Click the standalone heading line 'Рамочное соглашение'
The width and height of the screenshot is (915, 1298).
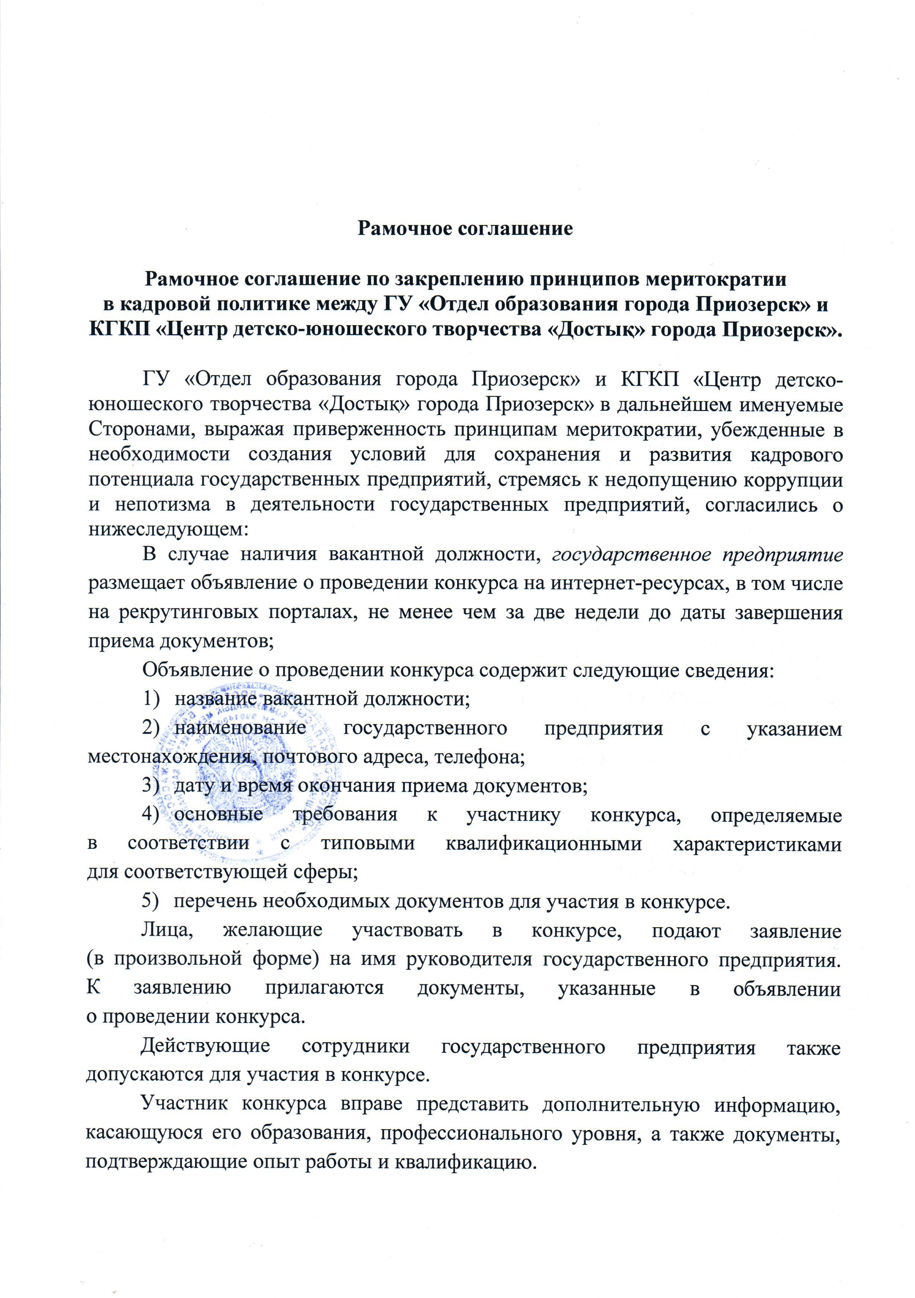(465, 228)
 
